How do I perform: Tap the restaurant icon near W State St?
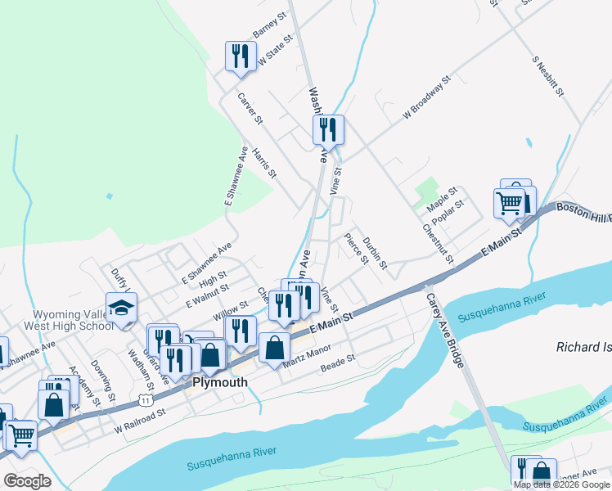239,56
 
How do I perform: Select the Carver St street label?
250,108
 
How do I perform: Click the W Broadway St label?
427,100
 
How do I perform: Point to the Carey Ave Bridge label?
445,330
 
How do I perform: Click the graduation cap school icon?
122,309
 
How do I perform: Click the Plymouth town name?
219,382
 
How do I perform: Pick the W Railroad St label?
140,421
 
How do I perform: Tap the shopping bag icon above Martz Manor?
274,347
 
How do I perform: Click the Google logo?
27,481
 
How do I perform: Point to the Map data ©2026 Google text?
561,484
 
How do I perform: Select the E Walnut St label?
205,295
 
